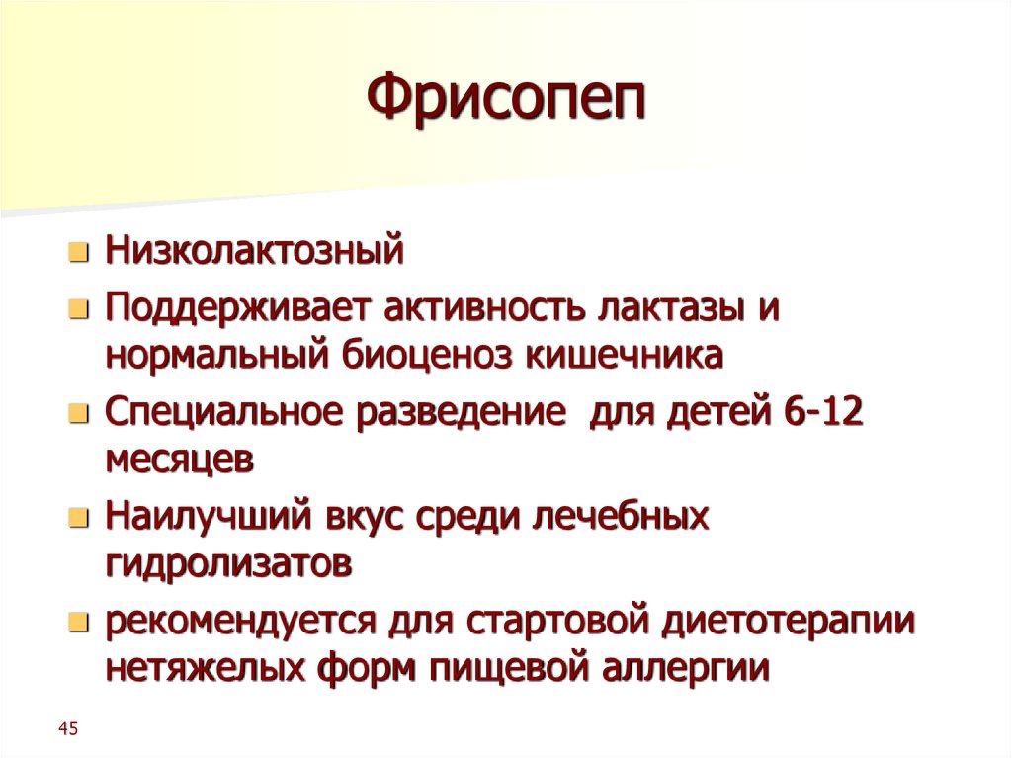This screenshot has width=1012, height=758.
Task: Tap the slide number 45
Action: (68, 729)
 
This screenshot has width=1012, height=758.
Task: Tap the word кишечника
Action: (625, 355)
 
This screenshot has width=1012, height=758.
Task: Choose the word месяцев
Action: (181, 462)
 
